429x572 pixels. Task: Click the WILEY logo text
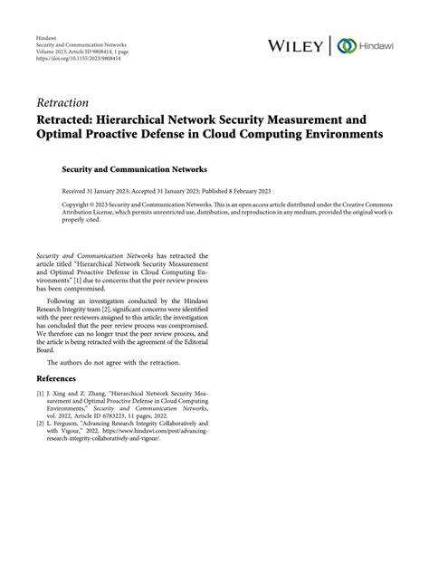pos(297,45)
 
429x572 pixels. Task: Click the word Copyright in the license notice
pos(77,205)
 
